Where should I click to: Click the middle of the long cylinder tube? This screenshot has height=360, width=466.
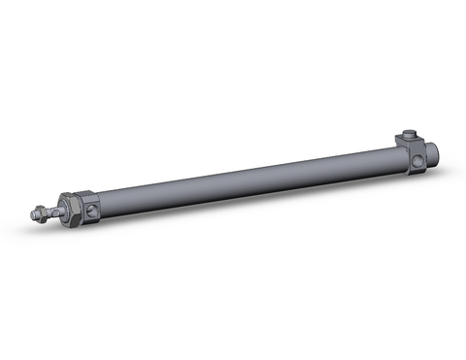[x=243, y=176]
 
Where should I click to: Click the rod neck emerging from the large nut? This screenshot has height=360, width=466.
[x=57, y=208]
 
